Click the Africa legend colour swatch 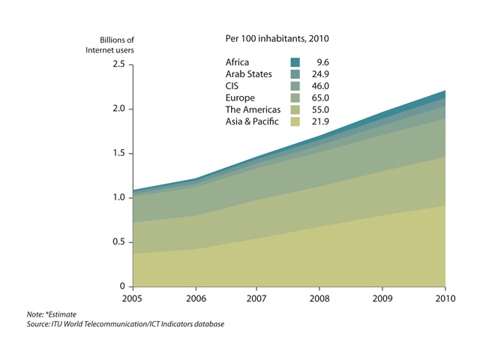click(295, 62)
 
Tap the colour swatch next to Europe click(295, 97)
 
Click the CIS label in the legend click(232, 86)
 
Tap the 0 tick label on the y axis click(120, 286)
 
